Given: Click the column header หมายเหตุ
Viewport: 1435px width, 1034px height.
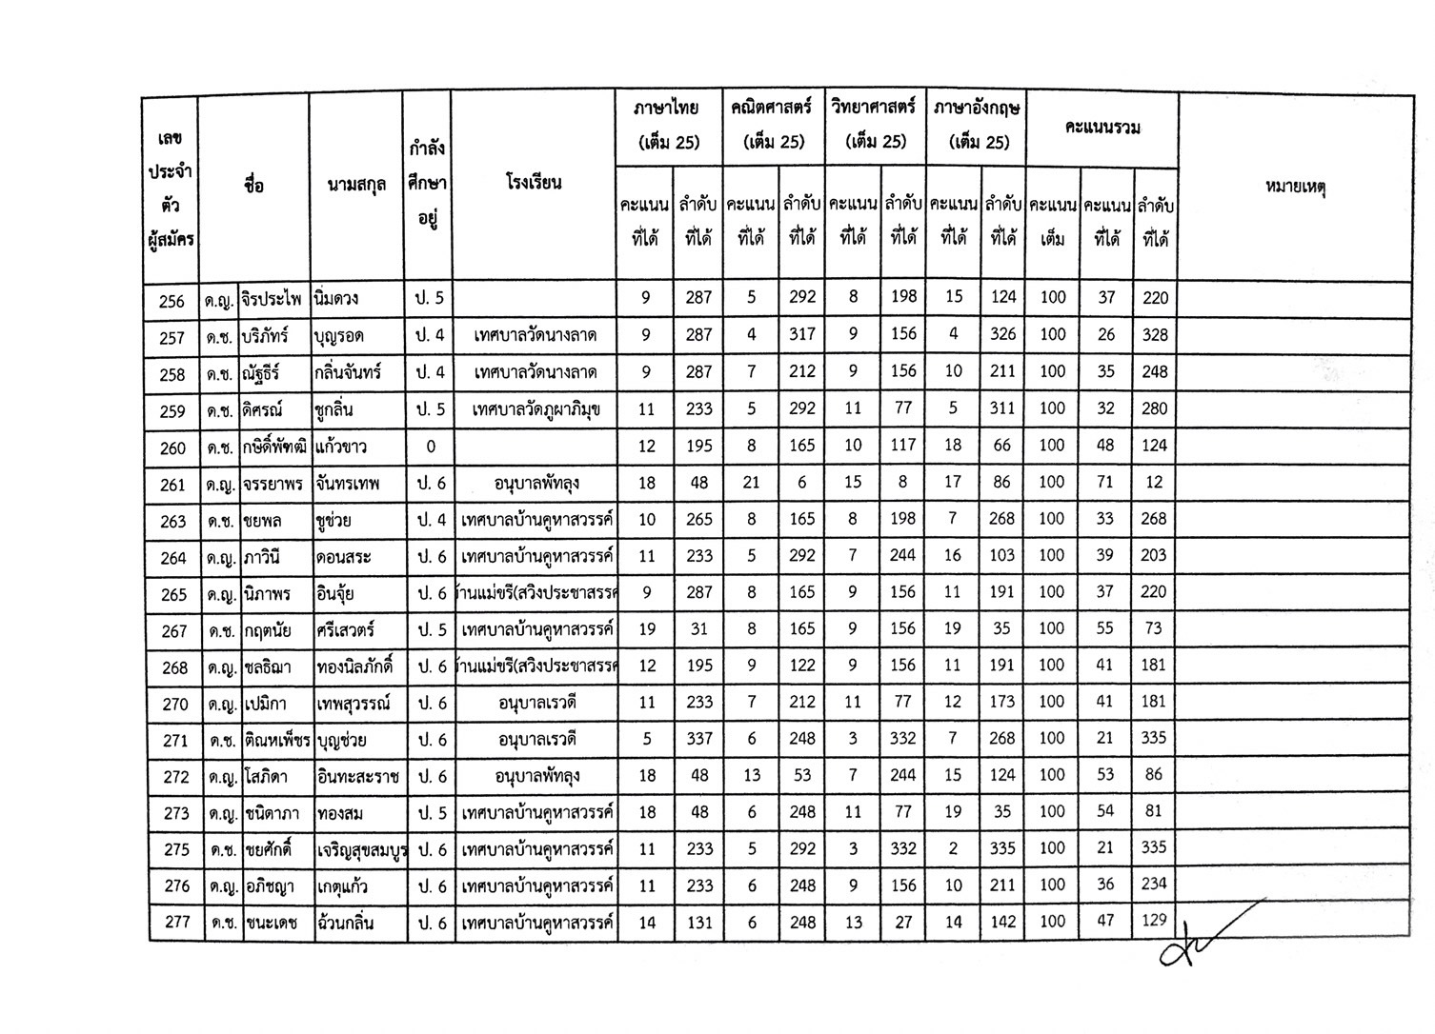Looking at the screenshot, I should [1295, 187].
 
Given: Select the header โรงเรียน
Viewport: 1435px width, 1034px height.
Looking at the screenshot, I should [534, 183].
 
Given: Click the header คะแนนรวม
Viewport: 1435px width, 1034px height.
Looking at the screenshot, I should [1102, 128].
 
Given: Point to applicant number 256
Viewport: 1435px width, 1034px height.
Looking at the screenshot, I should [172, 300].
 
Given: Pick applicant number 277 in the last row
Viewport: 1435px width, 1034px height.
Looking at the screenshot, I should [177, 922].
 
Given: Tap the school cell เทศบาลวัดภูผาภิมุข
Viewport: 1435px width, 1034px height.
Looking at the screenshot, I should [535, 409].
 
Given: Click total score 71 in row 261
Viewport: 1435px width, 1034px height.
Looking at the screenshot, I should [1105, 482].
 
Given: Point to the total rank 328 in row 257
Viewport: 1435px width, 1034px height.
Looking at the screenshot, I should [1154, 335].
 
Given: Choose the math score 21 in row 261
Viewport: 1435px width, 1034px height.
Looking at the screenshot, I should [751, 483].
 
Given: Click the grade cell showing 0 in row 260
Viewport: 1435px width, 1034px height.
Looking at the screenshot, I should [431, 447].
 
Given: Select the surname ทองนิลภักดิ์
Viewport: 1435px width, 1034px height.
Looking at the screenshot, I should [356, 666].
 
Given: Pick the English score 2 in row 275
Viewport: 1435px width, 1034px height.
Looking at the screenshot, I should [953, 848].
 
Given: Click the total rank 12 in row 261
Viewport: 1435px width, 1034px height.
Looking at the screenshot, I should [1154, 482].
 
